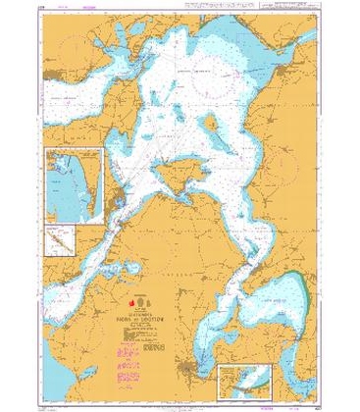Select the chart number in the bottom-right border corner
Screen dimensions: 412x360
pyautogui.click(x=307, y=402)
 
